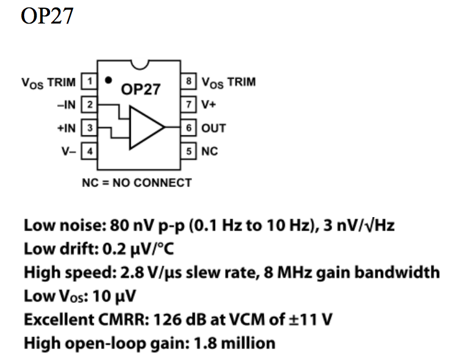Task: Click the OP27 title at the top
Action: point(47,16)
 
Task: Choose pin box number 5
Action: point(189,151)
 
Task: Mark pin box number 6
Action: point(189,128)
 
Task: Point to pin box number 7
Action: point(189,105)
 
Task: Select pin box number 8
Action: point(189,82)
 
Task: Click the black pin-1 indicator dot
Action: point(107,79)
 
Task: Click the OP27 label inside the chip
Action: point(141,90)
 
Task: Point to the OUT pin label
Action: point(213,128)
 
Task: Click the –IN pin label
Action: point(67,105)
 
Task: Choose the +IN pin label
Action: point(67,128)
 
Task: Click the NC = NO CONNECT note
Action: point(136,182)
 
